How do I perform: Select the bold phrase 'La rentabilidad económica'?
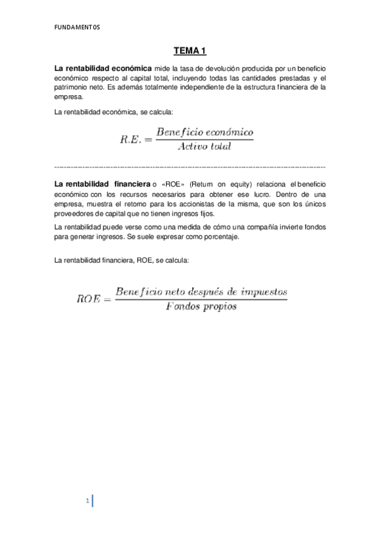pyautogui.click(x=103, y=67)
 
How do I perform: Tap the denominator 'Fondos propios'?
pyautogui.click(x=200, y=306)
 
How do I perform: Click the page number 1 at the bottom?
pyautogui.click(x=87, y=502)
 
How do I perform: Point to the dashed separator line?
pyautogui.click(x=190, y=166)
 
